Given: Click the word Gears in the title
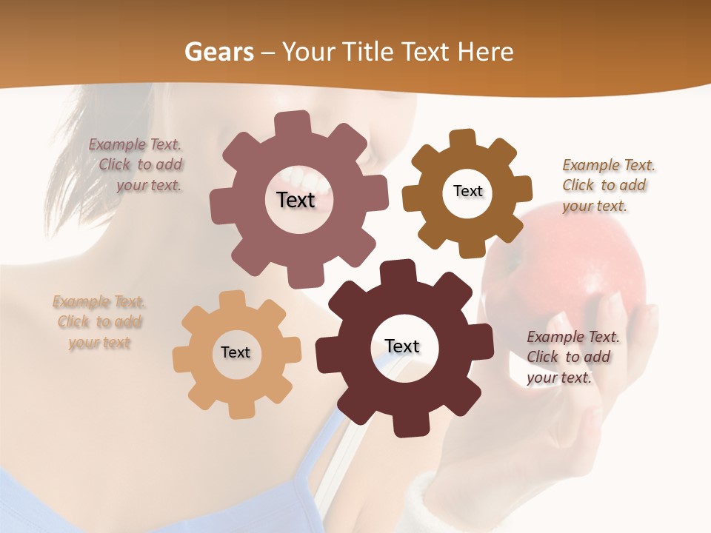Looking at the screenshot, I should pos(218,52).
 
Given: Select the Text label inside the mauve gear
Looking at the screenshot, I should pos(296,200).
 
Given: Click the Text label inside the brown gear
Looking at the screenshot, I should pos(467,191).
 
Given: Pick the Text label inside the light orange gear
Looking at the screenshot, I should pos(236,352).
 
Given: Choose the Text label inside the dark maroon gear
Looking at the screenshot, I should pos(402,346).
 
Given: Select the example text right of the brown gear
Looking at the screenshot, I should pos(607,185).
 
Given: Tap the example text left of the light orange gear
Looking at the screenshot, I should pos(99,322).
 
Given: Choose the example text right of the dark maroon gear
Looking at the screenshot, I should pos(572,357).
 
